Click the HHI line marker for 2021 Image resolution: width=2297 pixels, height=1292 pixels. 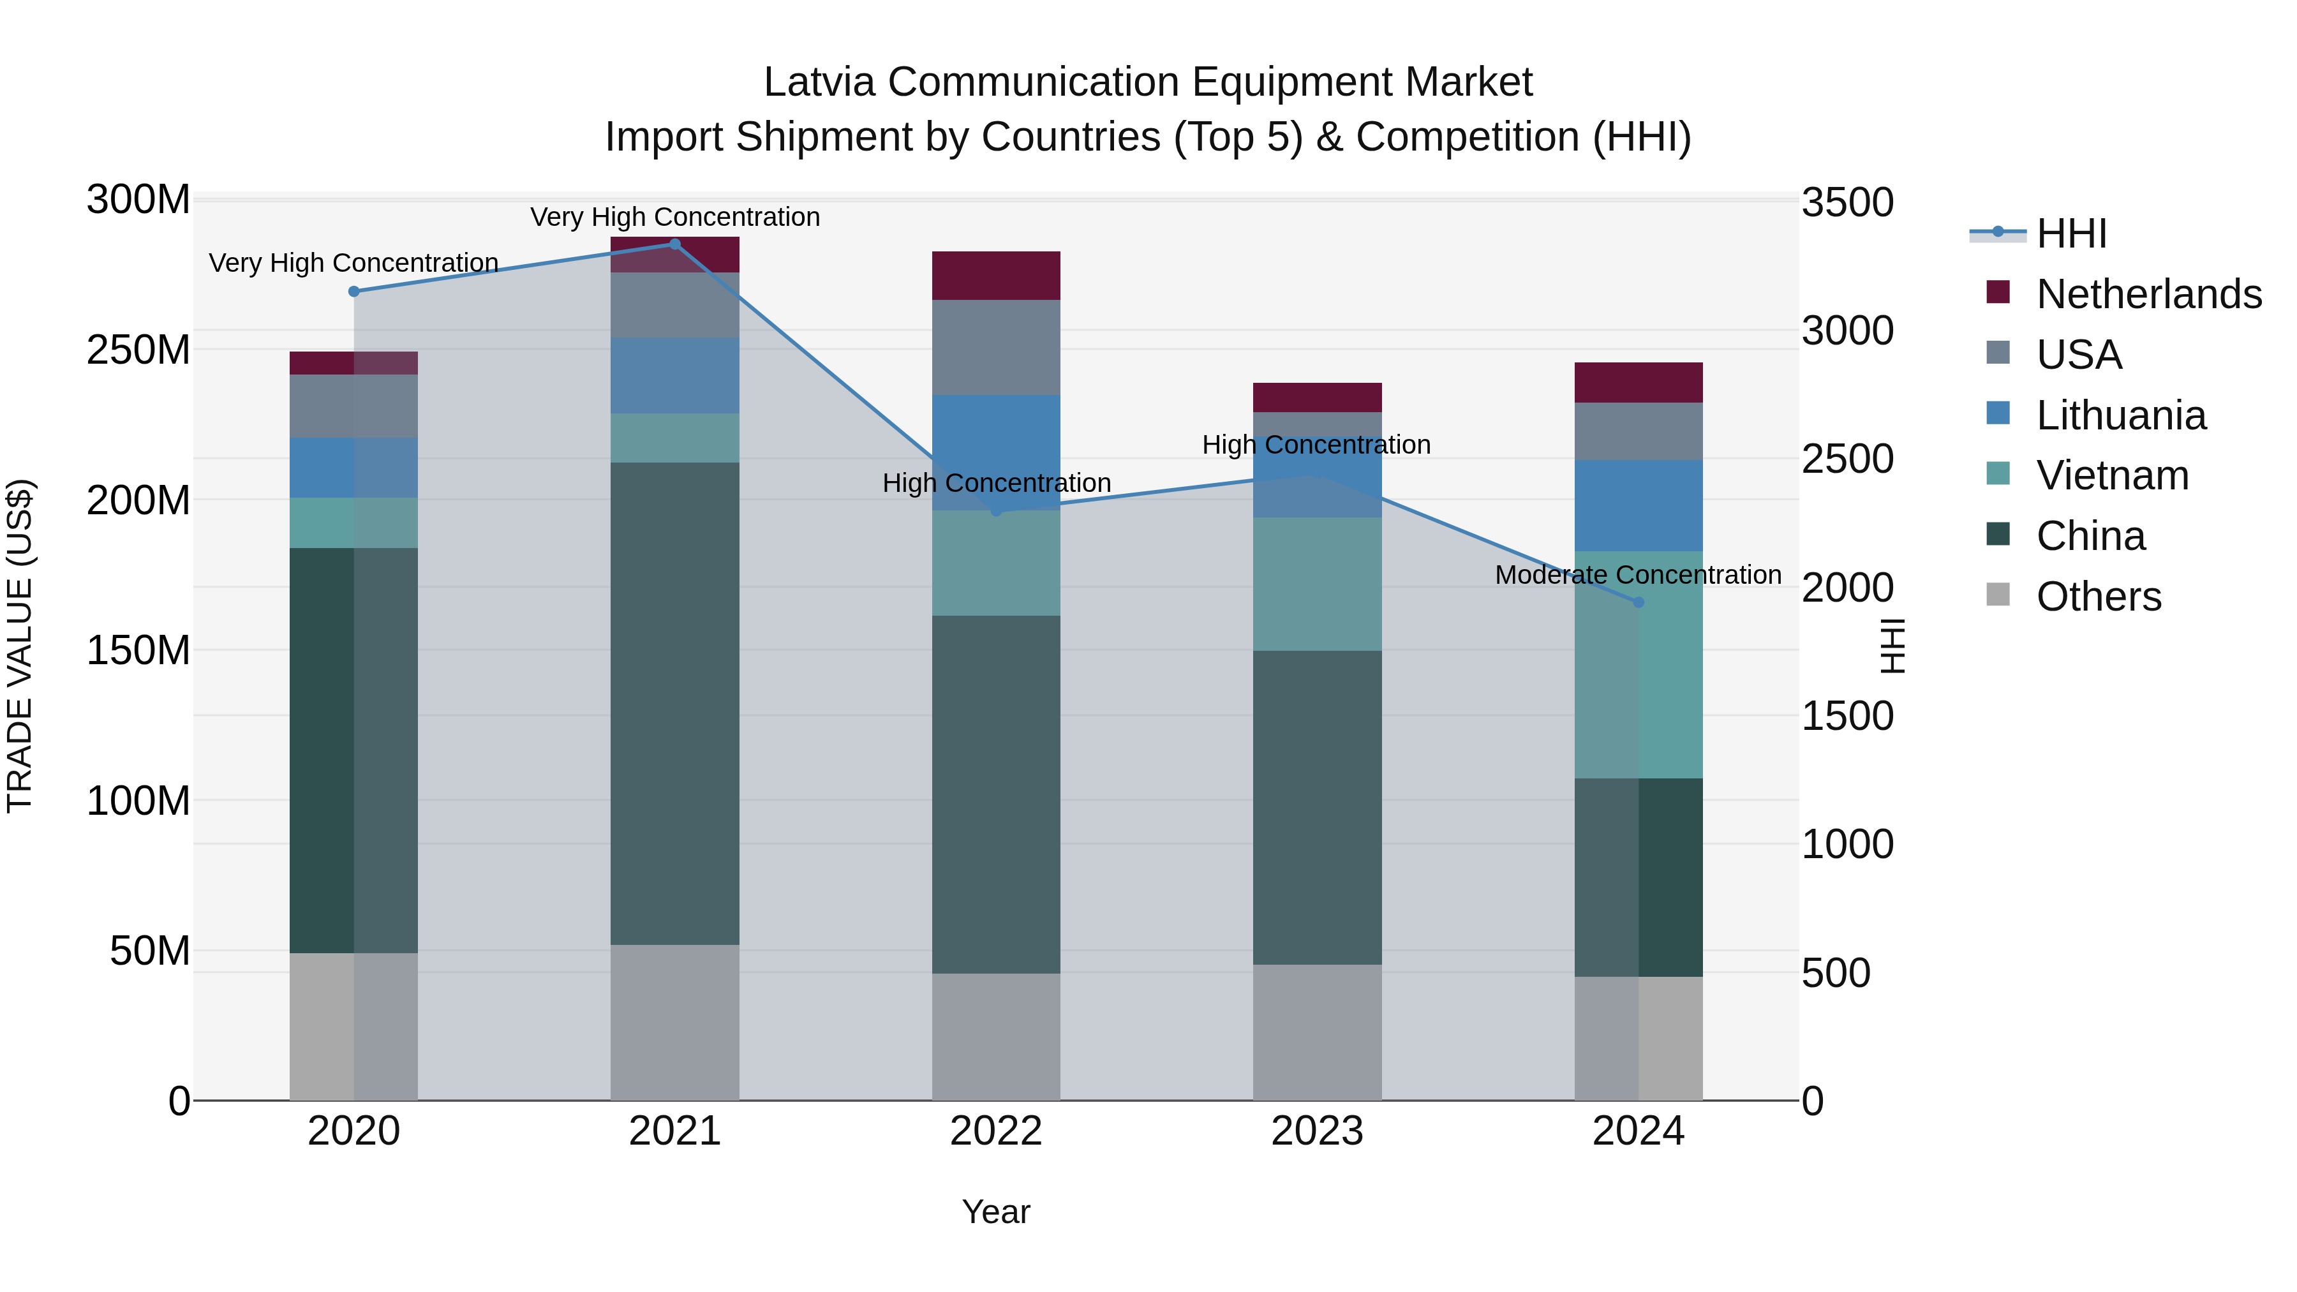[674, 244]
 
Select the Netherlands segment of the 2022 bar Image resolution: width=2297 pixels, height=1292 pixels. [996, 276]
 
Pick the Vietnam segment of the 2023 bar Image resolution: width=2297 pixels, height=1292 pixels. [1317, 584]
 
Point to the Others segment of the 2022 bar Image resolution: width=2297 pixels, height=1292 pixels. [996, 1036]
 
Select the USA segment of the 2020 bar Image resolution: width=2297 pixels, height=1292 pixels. [354, 406]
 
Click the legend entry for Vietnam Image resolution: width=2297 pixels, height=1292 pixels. [2111, 475]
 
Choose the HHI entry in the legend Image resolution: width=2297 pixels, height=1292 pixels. [2070, 234]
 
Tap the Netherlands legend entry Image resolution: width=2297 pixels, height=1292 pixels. [2147, 294]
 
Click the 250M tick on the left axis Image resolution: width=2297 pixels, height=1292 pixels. [138, 350]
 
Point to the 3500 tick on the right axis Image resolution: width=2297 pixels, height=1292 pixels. [1847, 202]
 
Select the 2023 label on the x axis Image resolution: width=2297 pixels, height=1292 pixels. [1317, 1131]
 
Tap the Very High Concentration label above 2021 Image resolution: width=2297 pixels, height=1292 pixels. [675, 217]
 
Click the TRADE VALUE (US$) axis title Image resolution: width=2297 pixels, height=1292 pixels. [20, 646]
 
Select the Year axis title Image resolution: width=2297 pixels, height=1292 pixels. [996, 1212]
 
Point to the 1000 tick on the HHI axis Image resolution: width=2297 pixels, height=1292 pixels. [1847, 844]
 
